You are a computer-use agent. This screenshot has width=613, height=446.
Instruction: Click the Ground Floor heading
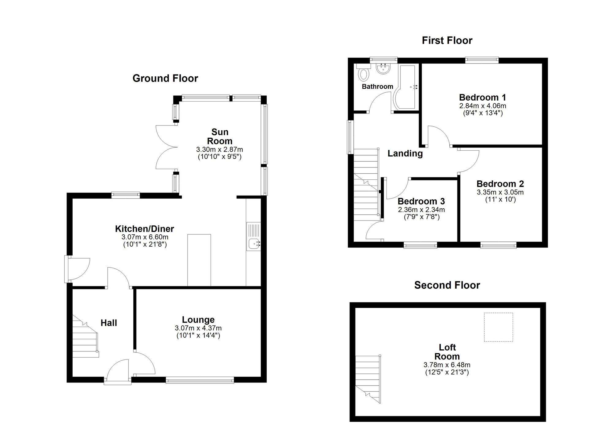[x=165, y=79]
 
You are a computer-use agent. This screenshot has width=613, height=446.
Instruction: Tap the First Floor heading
[x=447, y=40]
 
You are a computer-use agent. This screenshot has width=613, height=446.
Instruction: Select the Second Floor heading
[x=447, y=285]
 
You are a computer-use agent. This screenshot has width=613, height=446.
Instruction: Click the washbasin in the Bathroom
[x=383, y=69]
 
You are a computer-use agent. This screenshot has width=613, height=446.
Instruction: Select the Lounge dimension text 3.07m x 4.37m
[x=198, y=328]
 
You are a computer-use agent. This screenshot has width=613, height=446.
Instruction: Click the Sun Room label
[x=219, y=136]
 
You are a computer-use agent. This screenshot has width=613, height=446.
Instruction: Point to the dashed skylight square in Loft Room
[x=498, y=327]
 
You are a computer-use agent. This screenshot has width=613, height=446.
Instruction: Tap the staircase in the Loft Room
[x=368, y=379]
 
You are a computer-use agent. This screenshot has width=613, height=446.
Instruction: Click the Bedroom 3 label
[x=421, y=202]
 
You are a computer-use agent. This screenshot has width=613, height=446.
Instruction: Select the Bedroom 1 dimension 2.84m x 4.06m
[x=482, y=106]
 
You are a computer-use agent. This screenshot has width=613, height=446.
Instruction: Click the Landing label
[x=405, y=153]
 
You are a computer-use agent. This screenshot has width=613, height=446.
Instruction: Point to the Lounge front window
[x=200, y=380]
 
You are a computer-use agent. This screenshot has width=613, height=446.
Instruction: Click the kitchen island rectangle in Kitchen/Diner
[x=199, y=260]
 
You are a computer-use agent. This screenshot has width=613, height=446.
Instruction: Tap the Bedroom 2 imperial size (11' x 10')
[x=500, y=199]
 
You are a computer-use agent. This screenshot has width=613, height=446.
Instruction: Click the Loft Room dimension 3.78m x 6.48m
[x=447, y=365]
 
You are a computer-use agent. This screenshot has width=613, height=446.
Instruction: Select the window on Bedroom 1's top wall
[x=482, y=60]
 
